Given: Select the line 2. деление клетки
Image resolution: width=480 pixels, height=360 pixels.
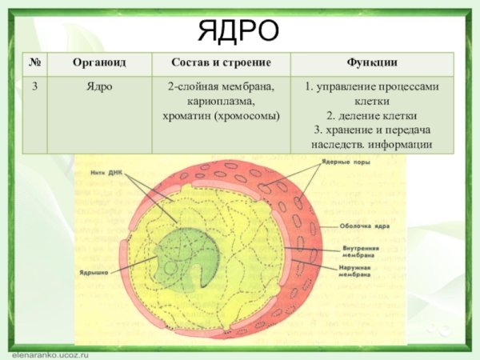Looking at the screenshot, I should click(x=372, y=115).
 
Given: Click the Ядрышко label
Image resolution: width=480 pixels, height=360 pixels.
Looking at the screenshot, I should click(x=94, y=272).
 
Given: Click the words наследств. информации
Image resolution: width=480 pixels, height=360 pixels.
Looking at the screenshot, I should click(x=372, y=144).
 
